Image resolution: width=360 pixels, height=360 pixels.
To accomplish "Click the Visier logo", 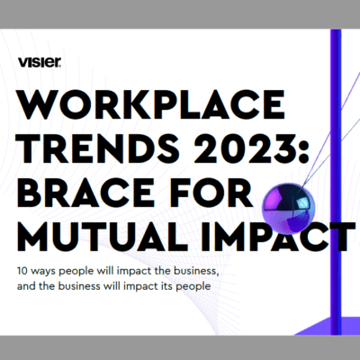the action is pos(40,62).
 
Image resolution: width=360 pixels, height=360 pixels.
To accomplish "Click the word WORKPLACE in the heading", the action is pos(151,104).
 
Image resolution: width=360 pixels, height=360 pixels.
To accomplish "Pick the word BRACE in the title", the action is pos(85,193).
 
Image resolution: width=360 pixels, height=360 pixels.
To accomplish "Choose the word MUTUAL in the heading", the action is pos(103,236).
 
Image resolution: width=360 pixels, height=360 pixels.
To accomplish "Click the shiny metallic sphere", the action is pos(289,209).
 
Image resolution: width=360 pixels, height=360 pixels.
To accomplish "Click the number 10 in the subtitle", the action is pos(22,271).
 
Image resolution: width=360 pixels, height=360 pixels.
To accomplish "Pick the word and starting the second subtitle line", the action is pos(26,286).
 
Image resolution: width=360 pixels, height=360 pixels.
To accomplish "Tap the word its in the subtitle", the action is pos(167,286).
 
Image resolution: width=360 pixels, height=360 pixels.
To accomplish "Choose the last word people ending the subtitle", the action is pos(193,287).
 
